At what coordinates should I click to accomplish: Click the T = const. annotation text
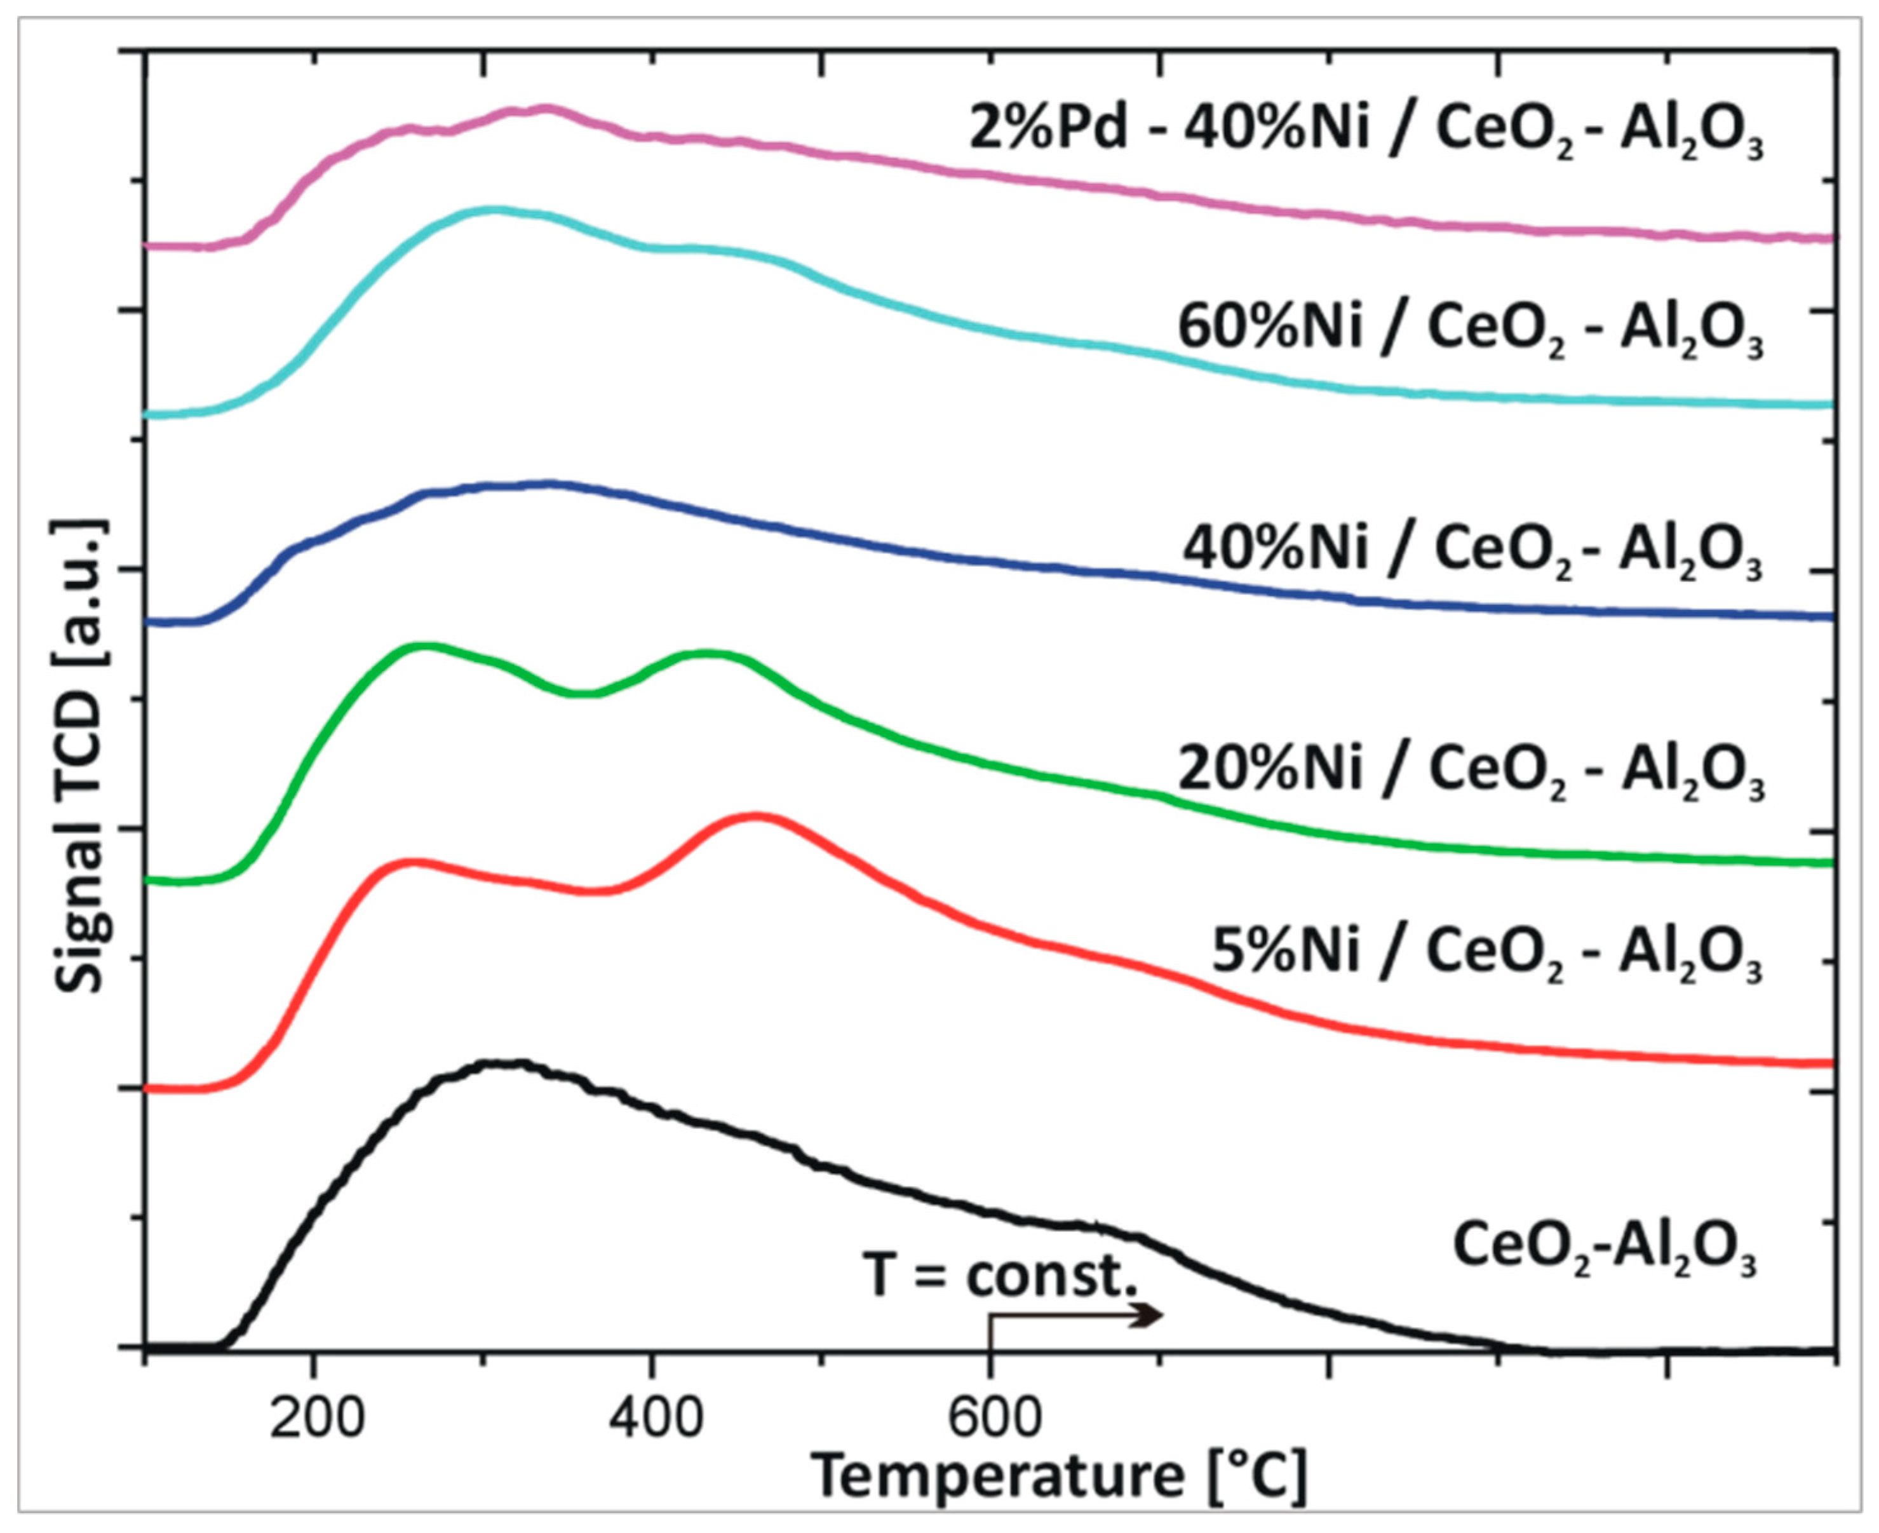1002,1274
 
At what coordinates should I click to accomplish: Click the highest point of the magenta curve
546,109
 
